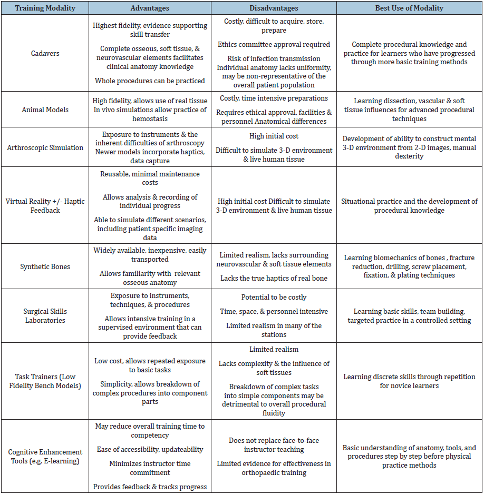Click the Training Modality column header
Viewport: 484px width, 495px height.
click(x=45, y=8)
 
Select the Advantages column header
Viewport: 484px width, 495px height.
click(x=150, y=8)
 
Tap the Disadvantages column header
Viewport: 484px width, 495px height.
click(x=274, y=8)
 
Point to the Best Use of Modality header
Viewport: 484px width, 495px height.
click(x=409, y=8)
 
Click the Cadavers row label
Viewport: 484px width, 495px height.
click(x=45, y=53)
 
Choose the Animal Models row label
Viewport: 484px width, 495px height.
click(x=45, y=110)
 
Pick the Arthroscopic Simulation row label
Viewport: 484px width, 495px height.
click(x=45, y=147)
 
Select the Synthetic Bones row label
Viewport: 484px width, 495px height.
click(x=45, y=266)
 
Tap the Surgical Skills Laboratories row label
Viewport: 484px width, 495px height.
click(x=45, y=315)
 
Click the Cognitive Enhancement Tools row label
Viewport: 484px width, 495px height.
click(x=45, y=457)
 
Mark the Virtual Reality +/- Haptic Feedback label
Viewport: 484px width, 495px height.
click(x=45, y=205)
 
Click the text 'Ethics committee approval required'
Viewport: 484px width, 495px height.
click(x=274, y=45)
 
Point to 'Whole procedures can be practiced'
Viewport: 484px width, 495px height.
click(x=150, y=81)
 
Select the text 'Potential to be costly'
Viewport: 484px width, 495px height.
click(x=274, y=298)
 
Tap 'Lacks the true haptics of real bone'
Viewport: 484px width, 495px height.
click(x=274, y=278)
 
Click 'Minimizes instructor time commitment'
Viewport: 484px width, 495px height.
click(x=150, y=468)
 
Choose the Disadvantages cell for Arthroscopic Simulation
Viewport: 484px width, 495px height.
click(x=274, y=147)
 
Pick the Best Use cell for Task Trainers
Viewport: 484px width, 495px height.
click(x=409, y=381)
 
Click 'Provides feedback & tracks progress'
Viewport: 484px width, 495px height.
click(x=150, y=487)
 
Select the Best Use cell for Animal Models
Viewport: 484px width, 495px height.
click(x=409, y=110)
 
